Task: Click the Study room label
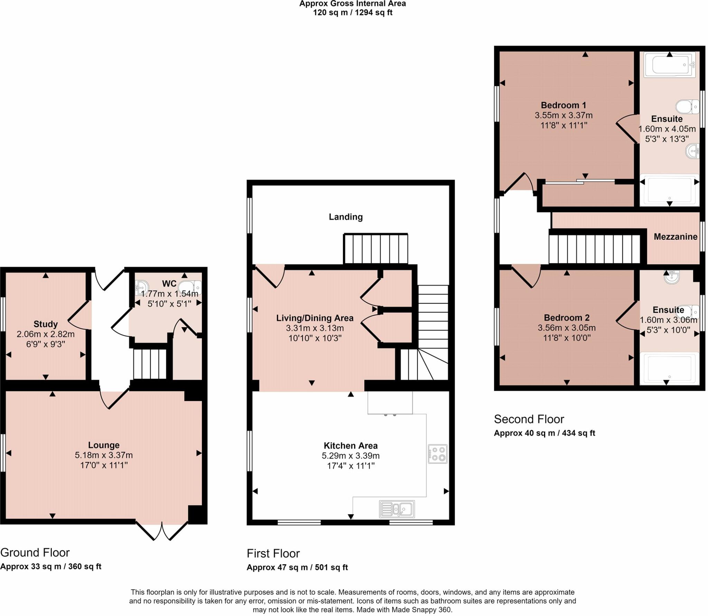tap(45, 324)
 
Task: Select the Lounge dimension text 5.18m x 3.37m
tap(104, 455)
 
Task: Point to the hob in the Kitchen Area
tap(438, 454)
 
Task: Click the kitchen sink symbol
tap(397, 509)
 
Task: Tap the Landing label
tap(345, 217)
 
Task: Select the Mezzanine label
tap(675, 237)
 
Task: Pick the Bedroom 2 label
tap(567, 318)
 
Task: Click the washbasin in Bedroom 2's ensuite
tap(671, 276)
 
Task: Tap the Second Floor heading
tap(529, 419)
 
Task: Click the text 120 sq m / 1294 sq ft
tap(352, 13)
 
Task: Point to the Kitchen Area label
tap(351, 446)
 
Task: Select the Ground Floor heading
tap(35, 552)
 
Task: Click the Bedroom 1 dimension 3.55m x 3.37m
tap(563, 115)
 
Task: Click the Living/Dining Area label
tap(315, 318)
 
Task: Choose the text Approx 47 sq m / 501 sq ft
tap(297, 567)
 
